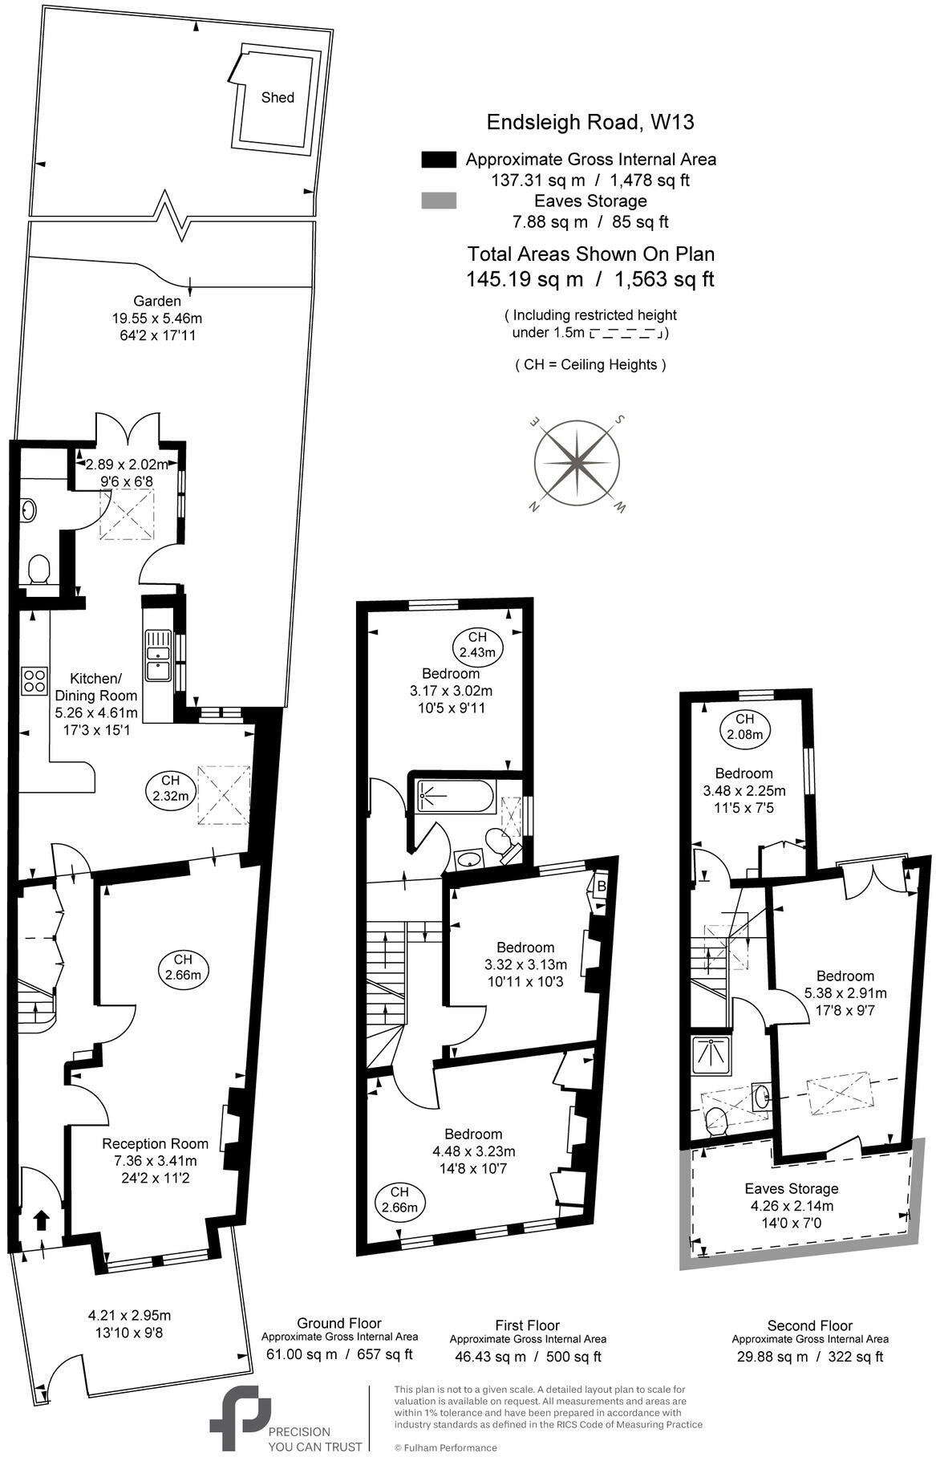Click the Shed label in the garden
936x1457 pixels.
[278, 98]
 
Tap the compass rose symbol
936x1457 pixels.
[576, 463]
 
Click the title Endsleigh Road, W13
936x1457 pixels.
[590, 123]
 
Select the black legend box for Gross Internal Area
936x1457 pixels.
[438, 160]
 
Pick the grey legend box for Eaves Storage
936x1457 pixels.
[438, 201]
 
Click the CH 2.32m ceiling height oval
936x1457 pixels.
[171, 788]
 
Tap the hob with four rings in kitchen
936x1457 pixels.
[34, 680]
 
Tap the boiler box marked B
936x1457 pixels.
[601, 886]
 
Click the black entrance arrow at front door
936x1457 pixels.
[41, 1221]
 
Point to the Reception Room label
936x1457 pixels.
[155, 1143]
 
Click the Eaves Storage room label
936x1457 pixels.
[791, 1188]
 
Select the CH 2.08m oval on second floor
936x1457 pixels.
[745, 726]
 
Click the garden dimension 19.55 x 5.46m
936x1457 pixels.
[157, 319]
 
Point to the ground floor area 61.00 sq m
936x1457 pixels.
[302, 1354]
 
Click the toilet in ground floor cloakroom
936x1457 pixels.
[38, 570]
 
